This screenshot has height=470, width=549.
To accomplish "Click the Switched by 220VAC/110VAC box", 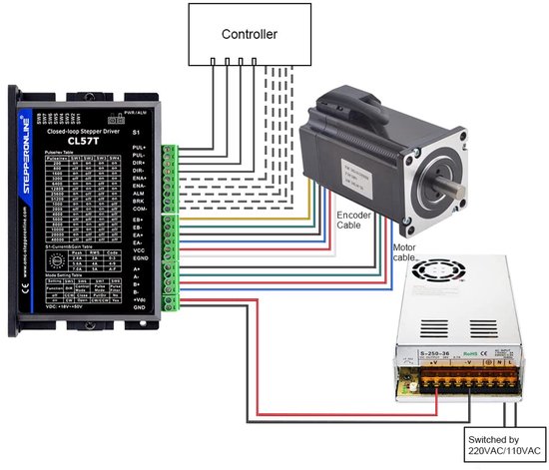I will pyautogui.click(x=503, y=445).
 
